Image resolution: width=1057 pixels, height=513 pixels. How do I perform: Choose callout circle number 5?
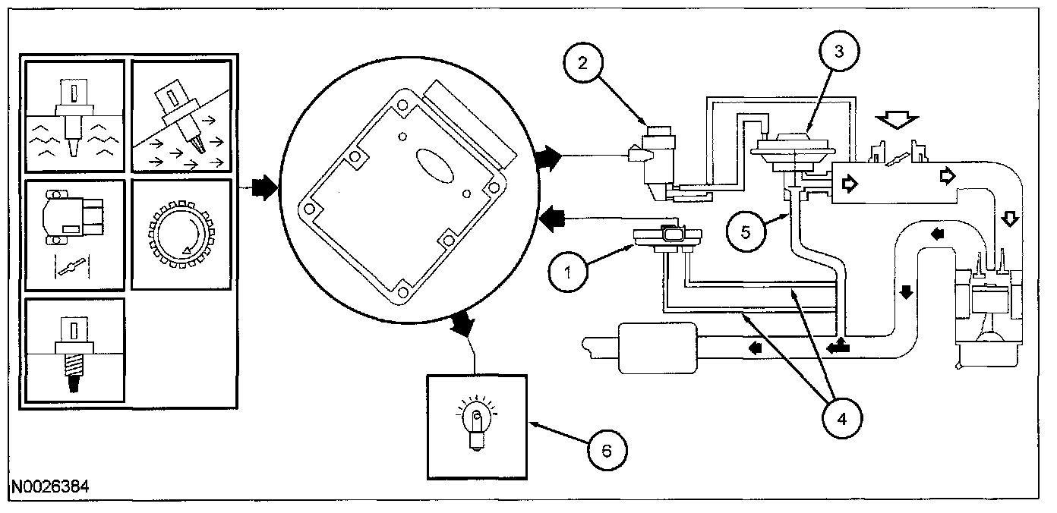[x=746, y=231]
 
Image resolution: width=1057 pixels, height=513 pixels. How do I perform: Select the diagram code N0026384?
[x=50, y=486]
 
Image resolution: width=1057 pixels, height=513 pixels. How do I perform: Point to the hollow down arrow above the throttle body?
[x=898, y=121]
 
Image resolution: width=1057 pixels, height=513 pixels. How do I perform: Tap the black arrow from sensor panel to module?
[x=263, y=187]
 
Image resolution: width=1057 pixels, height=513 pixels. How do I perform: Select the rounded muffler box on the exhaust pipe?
[x=658, y=348]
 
